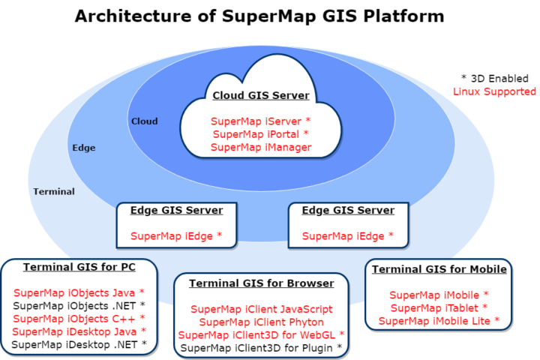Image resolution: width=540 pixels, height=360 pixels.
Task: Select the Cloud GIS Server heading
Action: point(260,95)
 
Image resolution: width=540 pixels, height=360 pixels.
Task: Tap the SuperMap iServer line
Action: point(260,121)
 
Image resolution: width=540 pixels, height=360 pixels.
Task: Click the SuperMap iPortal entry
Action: point(260,134)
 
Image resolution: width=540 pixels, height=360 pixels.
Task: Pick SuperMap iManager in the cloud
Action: point(260,148)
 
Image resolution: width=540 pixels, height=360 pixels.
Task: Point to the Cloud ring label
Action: point(145,121)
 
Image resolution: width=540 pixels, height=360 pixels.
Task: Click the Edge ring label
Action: point(83,148)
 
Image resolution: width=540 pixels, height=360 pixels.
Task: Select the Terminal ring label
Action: point(54,191)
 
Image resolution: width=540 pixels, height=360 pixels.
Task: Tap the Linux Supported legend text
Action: point(494,91)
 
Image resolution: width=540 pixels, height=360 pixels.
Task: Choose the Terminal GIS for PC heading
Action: point(79,266)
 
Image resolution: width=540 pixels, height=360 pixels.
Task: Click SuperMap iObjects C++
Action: point(79,318)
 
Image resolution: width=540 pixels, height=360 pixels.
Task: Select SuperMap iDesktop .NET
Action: point(79,344)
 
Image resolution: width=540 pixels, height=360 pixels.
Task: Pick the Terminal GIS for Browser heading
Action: point(261,283)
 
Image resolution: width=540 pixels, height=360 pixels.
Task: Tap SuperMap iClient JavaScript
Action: point(261,308)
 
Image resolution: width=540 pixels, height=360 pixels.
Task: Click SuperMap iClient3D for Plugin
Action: point(261,347)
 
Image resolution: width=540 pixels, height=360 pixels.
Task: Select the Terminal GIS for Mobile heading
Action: point(439,269)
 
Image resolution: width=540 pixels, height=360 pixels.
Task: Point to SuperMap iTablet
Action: point(439,308)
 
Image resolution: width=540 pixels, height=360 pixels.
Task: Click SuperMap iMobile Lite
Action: point(439,321)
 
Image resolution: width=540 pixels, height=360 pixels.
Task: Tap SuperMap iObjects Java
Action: point(79,292)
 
